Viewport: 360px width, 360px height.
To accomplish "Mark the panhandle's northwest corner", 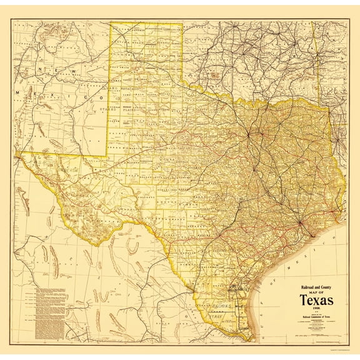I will pyautogui.click(x=112, y=24).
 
